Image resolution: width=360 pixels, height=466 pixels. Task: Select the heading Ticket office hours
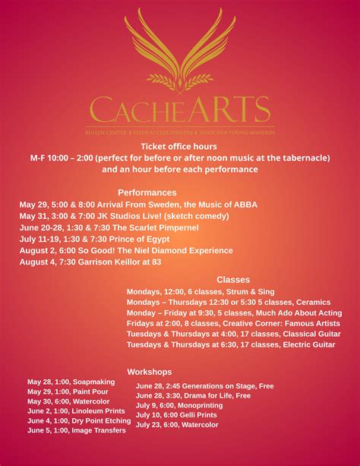(x=178, y=146)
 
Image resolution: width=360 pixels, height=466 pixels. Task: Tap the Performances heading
(x=147, y=192)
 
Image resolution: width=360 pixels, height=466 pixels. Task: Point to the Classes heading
(x=233, y=280)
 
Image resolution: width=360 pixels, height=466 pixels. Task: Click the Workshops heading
(x=149, y=372)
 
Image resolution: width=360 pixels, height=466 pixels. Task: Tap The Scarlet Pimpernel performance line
(x=109, y=227)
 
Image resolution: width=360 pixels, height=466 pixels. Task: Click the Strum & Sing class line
(x=201, y=291)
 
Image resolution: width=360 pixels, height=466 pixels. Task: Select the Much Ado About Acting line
(x=234, y=312)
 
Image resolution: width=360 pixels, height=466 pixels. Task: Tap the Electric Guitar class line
(x=231, y=344)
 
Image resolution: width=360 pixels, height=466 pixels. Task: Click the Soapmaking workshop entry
(x=71, y=382)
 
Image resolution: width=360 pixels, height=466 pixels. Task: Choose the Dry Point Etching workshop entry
(x=79, y=420)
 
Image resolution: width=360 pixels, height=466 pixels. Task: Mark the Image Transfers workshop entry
(x=76, y=430)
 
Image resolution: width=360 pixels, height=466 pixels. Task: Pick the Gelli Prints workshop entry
(x=176, y=415)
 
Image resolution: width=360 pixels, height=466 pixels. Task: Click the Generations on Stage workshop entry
(x=204, y=386)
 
